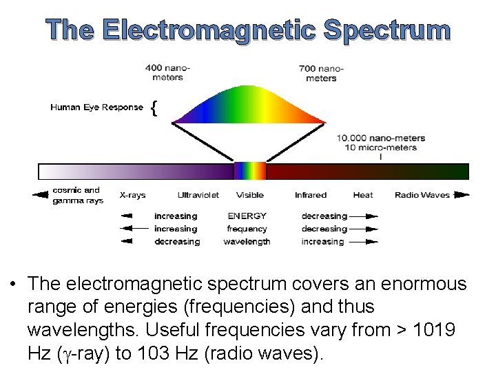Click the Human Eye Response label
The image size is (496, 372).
96,107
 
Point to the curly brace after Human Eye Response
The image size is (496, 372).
154,107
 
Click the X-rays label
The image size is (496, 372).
132,195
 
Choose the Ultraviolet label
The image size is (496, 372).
198,195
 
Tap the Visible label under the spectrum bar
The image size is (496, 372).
249,195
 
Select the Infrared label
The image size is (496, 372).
310,195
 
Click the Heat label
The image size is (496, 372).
362,195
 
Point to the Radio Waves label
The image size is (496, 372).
422,195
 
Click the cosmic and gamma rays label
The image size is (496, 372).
78,195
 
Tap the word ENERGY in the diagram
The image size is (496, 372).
247,216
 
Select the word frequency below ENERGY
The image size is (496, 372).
247,229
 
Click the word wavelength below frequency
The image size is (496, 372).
247,242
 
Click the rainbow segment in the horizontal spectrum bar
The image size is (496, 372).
249,172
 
